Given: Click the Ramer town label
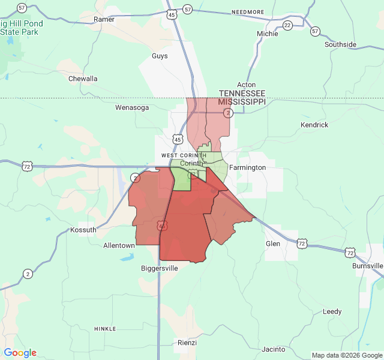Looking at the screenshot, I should [104, 19].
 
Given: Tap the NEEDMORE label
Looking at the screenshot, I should [248, 12].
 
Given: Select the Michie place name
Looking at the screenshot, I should [268, 34].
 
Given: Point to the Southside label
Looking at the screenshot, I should [340, 44].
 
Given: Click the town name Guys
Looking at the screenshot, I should [160, 56].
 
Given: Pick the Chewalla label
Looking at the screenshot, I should [83, 79].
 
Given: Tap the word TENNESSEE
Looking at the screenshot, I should [242, 94].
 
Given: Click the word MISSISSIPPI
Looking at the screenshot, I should [242, 102].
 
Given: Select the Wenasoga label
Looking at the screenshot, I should [131, 108].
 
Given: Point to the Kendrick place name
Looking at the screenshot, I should [314, 125].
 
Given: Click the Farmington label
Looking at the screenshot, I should [247, 167].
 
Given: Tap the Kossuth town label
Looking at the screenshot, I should [83, 230].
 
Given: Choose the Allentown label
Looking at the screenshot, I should [119, 245].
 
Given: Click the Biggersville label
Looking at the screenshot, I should [160, 268].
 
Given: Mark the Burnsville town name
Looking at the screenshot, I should [368, 266].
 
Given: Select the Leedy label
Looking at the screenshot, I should [332, 311].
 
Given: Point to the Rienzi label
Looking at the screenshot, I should [187, 343].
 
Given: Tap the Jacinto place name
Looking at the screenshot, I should [274, 349].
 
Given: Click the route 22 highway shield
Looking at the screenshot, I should [287, 25].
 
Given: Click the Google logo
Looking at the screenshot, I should [20, 353].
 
